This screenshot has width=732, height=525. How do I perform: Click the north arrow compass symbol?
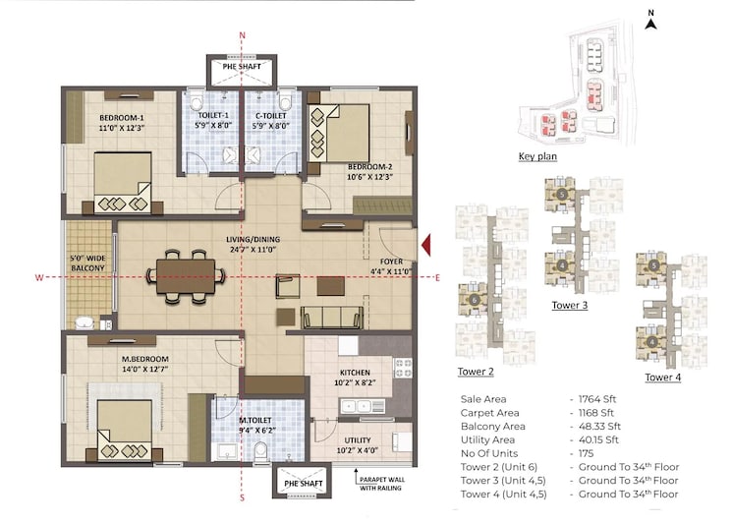coord(650,22)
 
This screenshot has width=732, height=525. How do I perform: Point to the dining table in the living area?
coord(187,271)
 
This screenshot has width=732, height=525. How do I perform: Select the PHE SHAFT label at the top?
coord(242,67)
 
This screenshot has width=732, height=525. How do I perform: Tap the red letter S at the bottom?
coord(242,500)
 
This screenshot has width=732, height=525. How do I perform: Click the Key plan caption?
coord(537,157)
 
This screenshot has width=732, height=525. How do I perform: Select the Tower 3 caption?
coord(570,306)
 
